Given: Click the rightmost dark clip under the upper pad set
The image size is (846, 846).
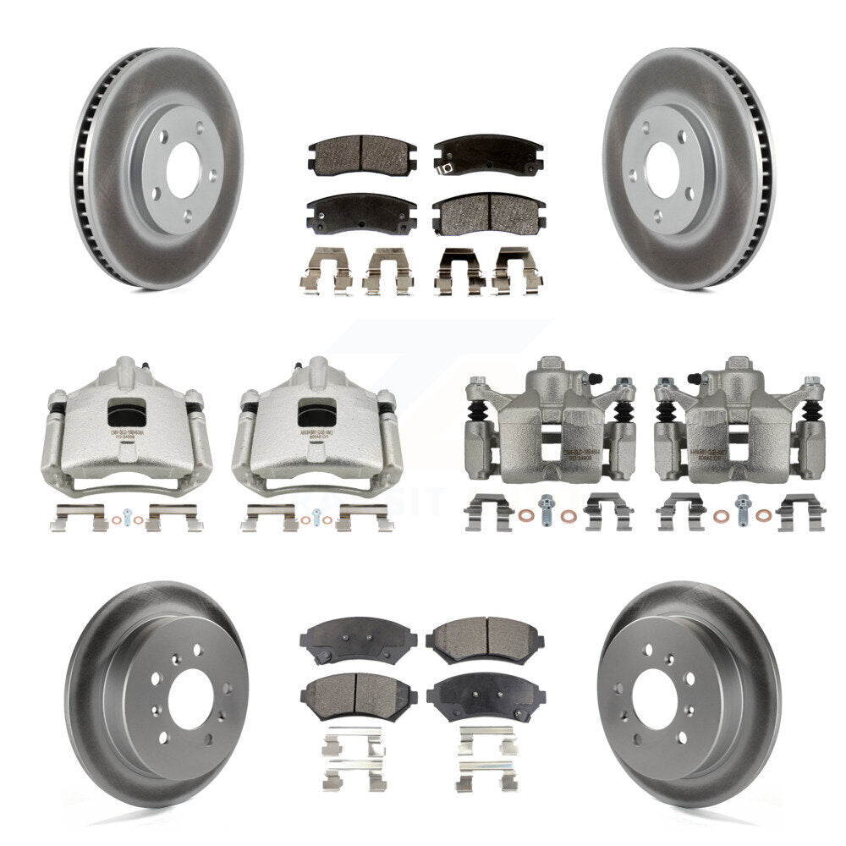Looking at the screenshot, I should point(517,271).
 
